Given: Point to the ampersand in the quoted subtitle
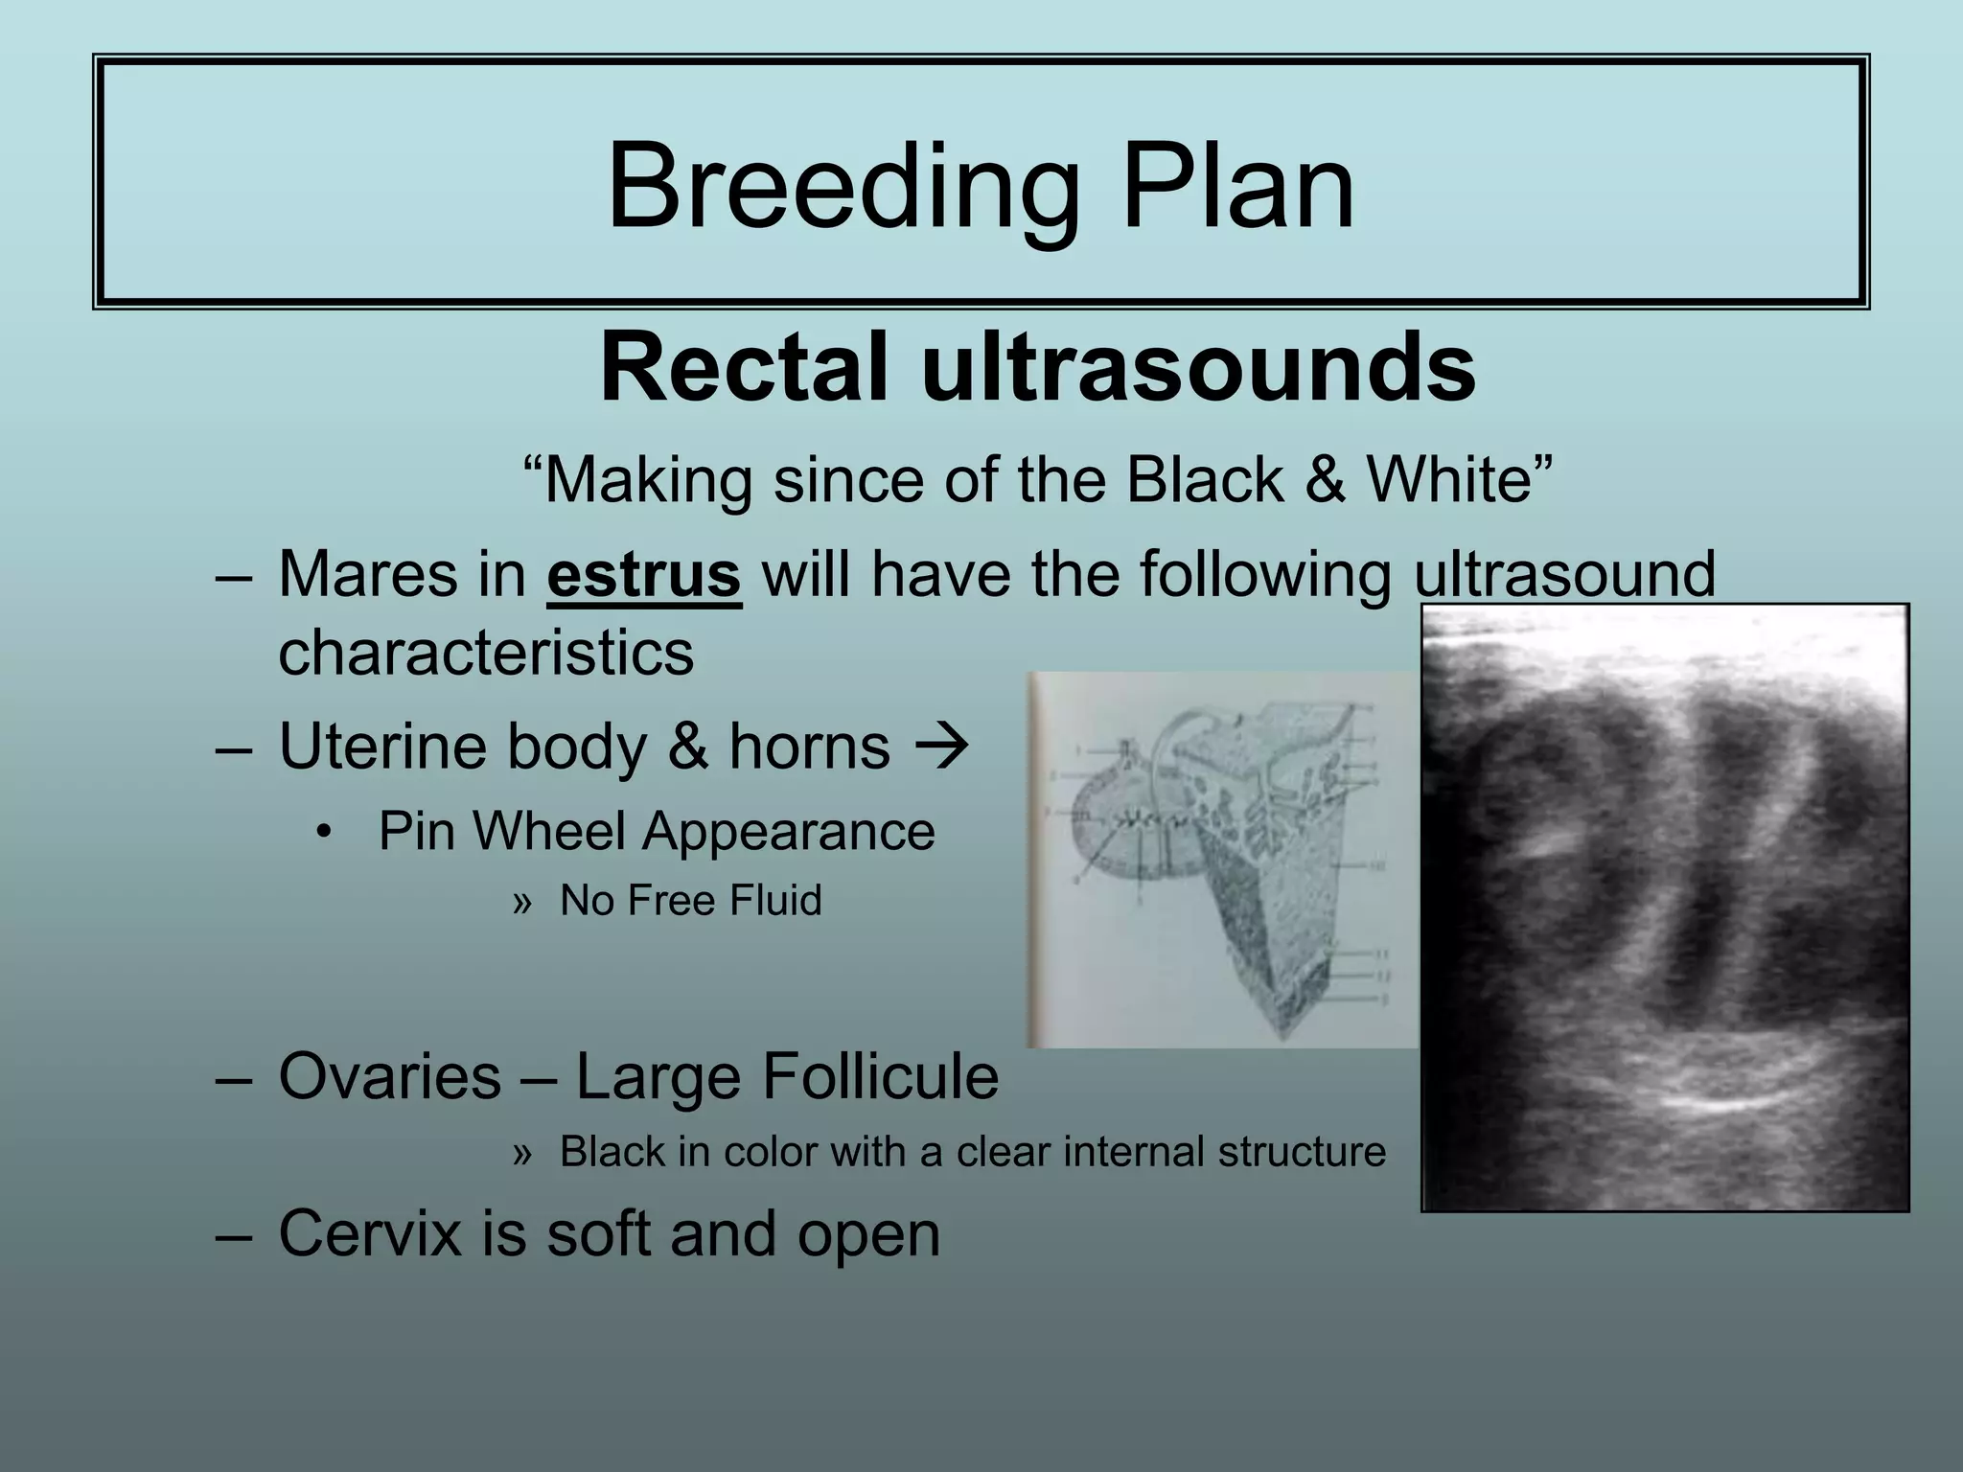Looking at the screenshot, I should (1324, 479).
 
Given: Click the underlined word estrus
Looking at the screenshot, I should (643, 574).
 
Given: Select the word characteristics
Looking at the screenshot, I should (486, 654).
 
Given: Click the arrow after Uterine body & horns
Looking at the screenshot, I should (943, 747).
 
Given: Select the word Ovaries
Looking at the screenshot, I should (389, 1076).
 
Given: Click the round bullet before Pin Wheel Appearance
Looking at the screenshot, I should (324, 831).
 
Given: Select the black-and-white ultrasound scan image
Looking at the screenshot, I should (1664, 908).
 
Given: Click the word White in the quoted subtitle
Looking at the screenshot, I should (1447, 479).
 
